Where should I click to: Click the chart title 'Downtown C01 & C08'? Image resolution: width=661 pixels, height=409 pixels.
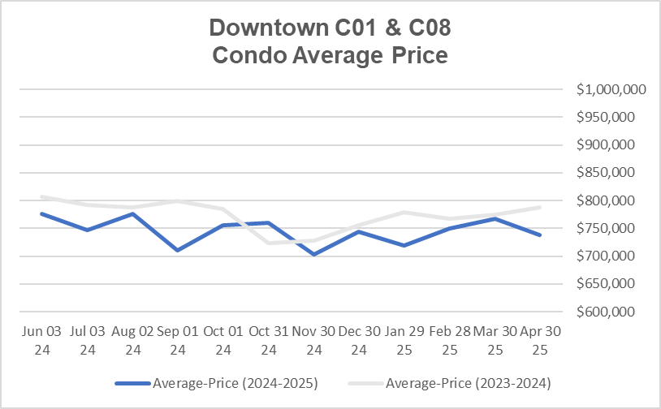tap(330, 28)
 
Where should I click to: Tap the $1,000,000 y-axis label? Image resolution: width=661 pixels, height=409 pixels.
tap(611, 90)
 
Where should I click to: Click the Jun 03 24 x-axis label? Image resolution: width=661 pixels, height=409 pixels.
tap(41, 341)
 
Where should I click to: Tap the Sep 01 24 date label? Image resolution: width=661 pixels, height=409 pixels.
tap(177, 341)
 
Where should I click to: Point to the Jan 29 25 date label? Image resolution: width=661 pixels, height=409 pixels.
tap(404, 341)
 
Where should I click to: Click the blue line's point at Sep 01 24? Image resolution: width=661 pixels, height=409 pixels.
tap(177, 250)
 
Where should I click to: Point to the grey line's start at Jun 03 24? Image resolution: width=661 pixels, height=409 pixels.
tap(41, 196)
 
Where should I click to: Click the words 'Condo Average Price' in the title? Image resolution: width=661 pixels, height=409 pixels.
tap(330, 57)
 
